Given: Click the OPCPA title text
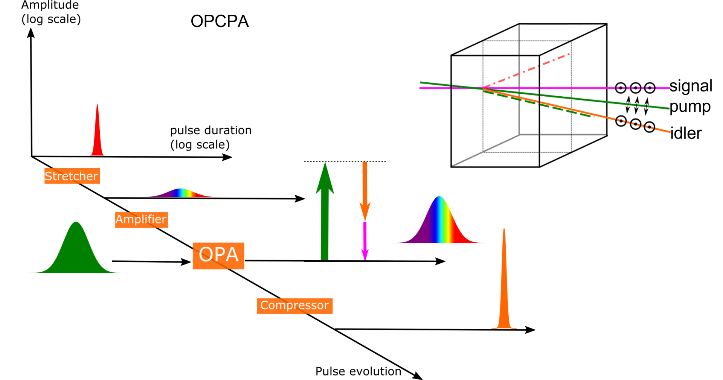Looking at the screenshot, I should coord(220,21).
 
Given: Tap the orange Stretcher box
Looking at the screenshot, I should coord(72,176).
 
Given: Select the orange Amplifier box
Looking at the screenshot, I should coord(141,219).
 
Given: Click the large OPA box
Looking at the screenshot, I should coord(218,255).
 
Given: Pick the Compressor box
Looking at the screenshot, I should coord(294,306).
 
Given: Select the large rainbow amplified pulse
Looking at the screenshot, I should coord(439,226).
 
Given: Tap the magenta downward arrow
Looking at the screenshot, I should coord(365,241).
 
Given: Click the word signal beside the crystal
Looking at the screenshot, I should coord(691,86).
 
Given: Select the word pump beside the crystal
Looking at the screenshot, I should coord(690,107).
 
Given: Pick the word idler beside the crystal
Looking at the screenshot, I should coord(686,134).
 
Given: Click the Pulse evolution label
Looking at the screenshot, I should coord(358,371).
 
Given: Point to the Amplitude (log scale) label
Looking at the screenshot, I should coord(50,12).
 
